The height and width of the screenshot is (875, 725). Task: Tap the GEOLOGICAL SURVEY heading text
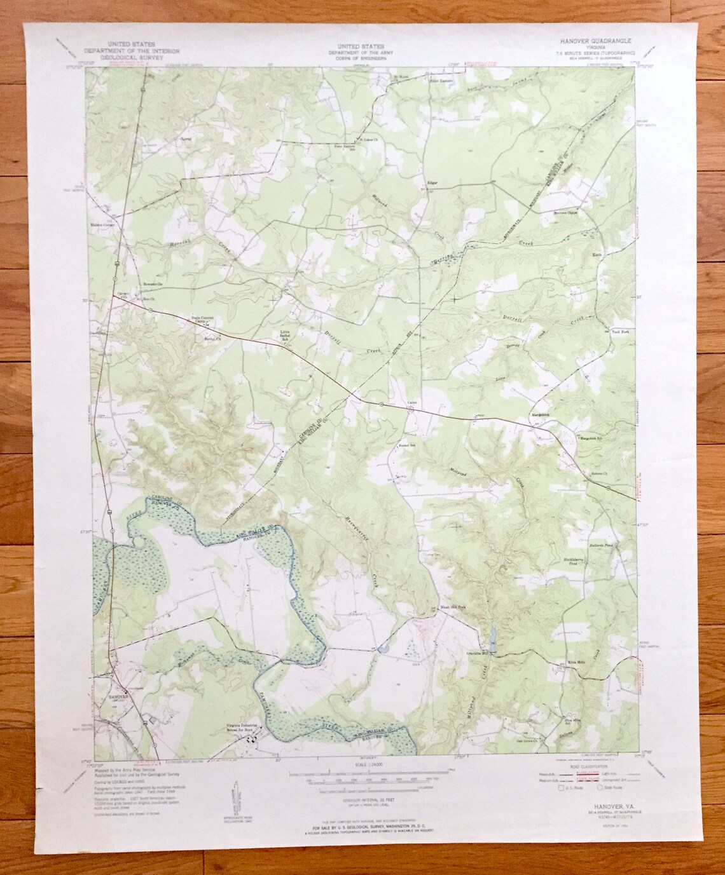point(128,55)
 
